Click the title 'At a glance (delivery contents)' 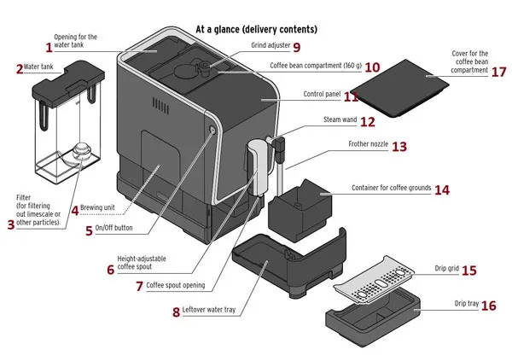[x=256, y=28]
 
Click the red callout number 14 [x=441, y=189]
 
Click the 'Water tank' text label [x=40, y=66]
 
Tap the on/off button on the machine [x=211, y=128]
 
